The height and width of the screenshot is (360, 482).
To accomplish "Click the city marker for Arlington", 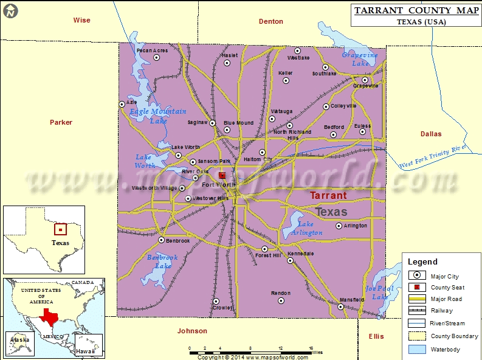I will [x=339, y=226].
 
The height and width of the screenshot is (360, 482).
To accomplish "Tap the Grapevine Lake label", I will [x=360, y=59].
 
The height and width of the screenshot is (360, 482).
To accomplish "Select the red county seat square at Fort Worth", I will [x=222, y=175].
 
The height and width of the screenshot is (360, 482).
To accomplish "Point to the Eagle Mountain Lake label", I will [x=158, y=116].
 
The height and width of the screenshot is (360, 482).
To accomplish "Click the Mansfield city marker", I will [x=340, y=306].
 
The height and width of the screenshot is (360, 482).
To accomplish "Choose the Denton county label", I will [x=270, y=21].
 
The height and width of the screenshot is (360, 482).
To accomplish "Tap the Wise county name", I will [x=81, y=20].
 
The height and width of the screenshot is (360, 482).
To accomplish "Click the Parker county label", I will [x=61, y=122].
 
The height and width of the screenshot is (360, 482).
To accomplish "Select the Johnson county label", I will [x=192, y=331].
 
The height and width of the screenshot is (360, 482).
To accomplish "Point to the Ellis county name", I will [x=376, y=336].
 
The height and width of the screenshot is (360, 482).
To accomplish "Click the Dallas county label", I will [x=431, y=134].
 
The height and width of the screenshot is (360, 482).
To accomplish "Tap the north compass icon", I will [x=11, y=10].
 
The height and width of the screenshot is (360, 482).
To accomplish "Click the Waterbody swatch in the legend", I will [x=416, y=349].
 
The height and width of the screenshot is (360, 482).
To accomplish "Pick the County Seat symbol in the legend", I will [x=416, y=287].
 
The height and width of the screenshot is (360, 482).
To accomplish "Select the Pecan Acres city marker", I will [x=156, y=58].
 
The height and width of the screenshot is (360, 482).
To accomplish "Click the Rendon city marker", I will [x=280, y=300].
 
